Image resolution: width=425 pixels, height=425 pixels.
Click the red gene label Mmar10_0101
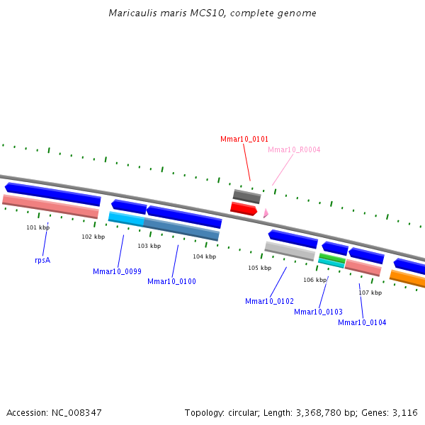point(244,140)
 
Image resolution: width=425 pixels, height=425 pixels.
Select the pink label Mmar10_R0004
point(294,150)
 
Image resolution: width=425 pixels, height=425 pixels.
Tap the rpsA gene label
point(42,260)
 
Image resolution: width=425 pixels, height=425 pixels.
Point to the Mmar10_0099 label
point(117,271)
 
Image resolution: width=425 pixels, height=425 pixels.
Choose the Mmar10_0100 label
point(171,282)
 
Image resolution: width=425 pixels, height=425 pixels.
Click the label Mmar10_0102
point(269,302)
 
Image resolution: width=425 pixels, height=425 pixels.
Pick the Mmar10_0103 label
point(318,312)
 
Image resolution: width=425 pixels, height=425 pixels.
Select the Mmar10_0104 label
point(362,323)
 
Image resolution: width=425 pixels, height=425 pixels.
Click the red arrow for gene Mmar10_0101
point(243,209)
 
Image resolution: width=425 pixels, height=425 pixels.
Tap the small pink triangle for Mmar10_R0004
point(266,212)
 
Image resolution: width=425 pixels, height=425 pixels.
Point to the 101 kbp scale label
point(38,227)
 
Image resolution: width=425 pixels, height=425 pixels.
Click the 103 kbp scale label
point(149,246)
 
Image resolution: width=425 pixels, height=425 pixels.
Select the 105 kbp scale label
point(259,268)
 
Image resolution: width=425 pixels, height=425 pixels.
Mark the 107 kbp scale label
point(370,293)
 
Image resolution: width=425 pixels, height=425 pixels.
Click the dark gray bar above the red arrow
point(246,196)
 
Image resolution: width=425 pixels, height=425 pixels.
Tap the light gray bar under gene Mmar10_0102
point(290,251)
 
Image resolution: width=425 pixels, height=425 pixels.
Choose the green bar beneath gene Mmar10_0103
point(331,258)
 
